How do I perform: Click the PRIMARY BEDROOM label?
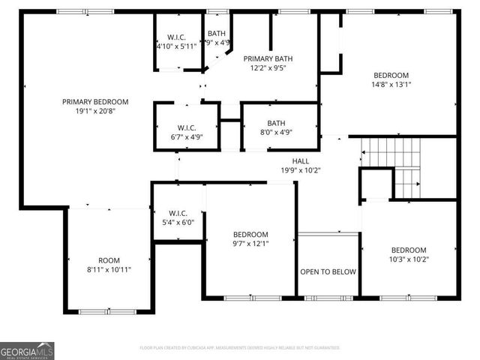click(95, 102)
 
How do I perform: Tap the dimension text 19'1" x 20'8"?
click(95, 112)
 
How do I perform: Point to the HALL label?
click(300, 161)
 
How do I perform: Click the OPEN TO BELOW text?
click(328, 271)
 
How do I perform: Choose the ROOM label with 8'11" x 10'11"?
click(109, 260)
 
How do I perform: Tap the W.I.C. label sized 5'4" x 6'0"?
click(177, 212)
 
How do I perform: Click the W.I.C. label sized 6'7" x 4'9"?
click(187, 127)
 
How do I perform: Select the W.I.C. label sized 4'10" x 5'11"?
click(176, 36)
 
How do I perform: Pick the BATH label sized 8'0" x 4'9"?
click(276, 124)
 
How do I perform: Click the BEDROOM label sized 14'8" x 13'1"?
click(391, 75)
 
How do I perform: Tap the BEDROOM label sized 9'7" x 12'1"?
click(250, 234)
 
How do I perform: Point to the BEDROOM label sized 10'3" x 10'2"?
click(409, 250)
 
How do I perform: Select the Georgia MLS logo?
click(27, 351)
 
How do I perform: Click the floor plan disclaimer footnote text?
click(240, 348)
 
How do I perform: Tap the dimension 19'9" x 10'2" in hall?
click(300, 170)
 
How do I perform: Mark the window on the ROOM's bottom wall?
click(97, 311)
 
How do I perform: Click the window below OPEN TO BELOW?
click(328, 298)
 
